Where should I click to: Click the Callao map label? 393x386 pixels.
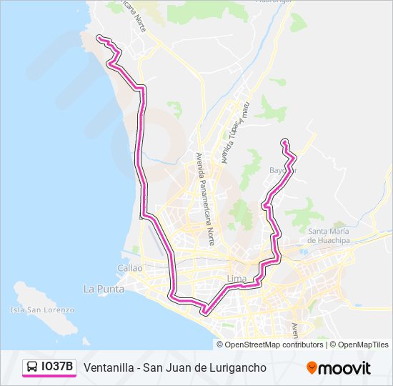click(131, 267)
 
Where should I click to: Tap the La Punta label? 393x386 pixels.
click(104, 289)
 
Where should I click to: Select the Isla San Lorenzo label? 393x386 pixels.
click(42, 310)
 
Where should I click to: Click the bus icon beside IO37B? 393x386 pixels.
click(33, 367)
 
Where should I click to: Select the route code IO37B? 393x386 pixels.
click(57, 367)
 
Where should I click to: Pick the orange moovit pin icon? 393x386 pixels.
click(312, 368)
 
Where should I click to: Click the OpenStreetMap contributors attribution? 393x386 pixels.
click(274, 345)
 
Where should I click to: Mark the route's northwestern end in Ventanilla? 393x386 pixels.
click(98, 37)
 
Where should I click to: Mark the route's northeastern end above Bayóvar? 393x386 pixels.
click(284, 140)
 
